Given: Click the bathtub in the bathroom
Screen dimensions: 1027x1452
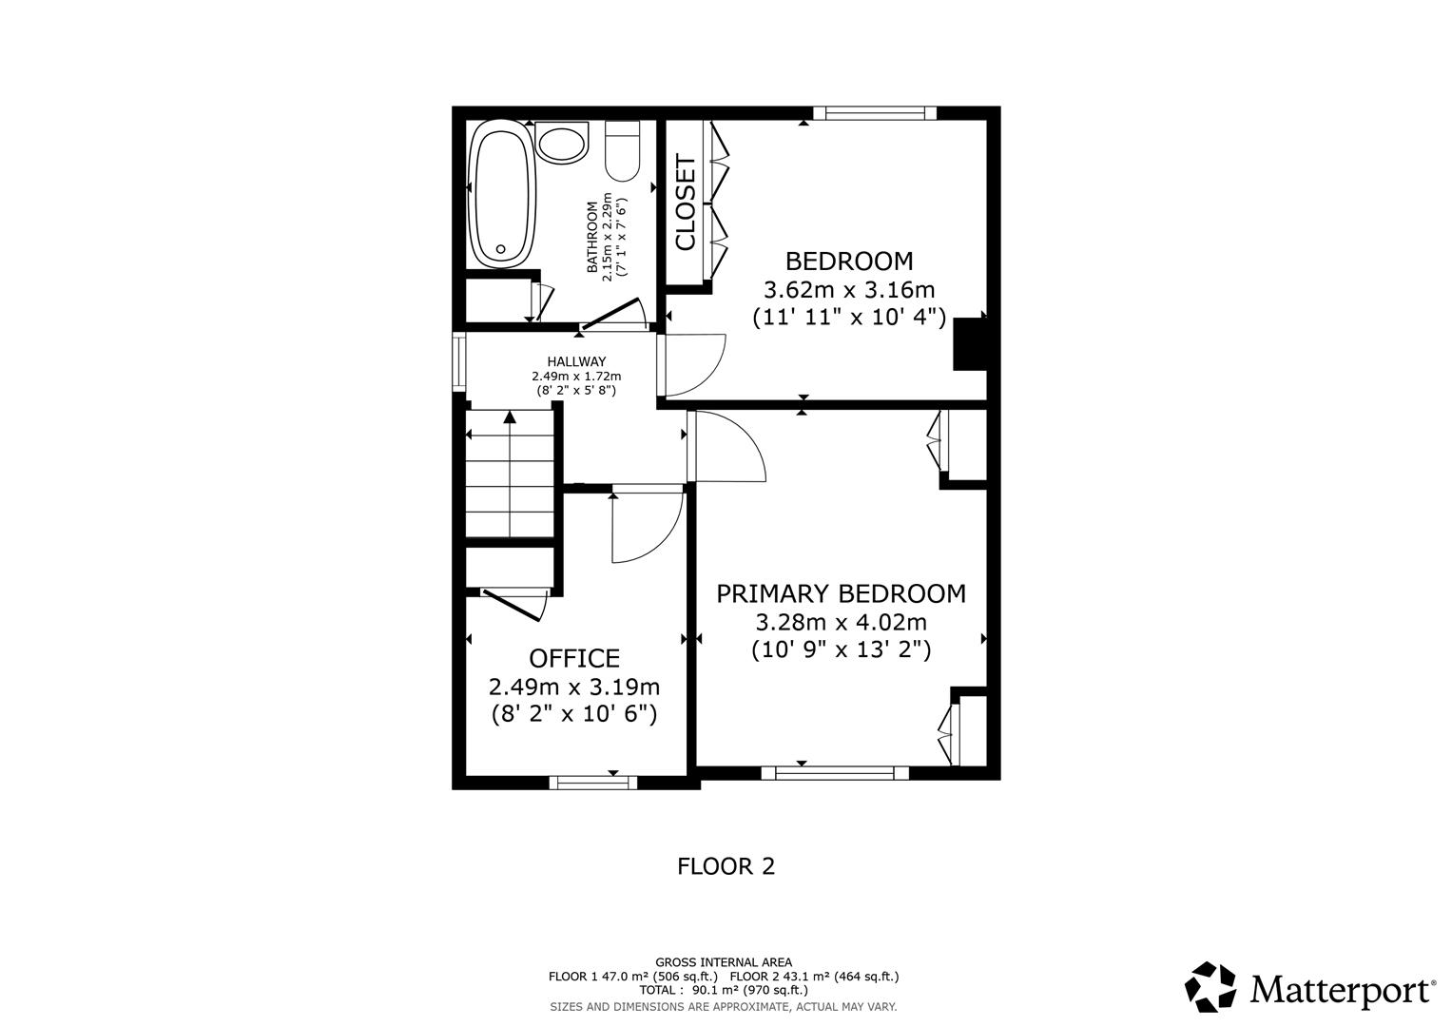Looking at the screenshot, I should (502, 198).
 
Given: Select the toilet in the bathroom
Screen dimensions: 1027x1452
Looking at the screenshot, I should (624, 152).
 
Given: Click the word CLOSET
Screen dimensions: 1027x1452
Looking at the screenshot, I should (686, 203).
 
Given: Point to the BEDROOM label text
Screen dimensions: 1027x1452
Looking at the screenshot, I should (848, 261).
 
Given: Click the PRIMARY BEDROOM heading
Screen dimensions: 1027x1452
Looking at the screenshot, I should (841, 593).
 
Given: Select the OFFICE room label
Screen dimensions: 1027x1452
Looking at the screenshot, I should (574, 658).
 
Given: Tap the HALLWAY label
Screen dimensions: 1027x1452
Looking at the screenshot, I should (576, 361).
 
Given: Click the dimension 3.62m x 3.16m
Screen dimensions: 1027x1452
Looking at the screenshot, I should (849, 289).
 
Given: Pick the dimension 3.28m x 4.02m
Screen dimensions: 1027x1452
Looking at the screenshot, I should (841, 622).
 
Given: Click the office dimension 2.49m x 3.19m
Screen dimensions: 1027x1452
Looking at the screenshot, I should (574, 687).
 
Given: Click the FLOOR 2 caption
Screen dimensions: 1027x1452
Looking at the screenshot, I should (726, 866).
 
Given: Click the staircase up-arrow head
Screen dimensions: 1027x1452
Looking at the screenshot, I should (511, 416).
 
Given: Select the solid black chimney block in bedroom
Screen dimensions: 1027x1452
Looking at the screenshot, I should (970, 344).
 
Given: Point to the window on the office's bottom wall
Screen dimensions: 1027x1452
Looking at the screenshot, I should (593, 783).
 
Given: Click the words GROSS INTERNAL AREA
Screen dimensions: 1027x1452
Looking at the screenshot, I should (724, 962).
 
